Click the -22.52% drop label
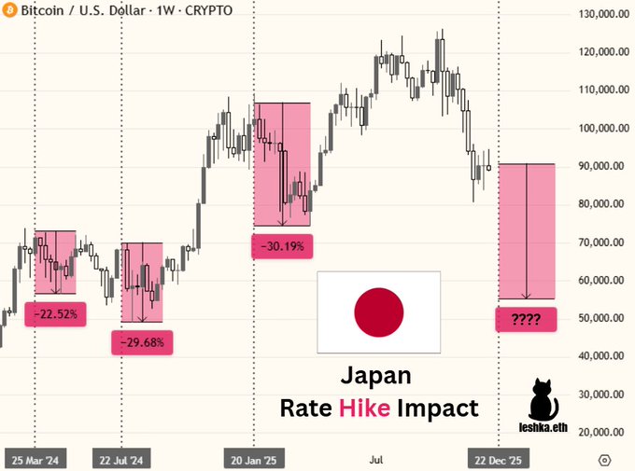[x=58, y=314]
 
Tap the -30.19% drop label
[x=281, y=247]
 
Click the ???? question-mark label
[x=526, y=321]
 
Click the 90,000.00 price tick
[x=600, y=166]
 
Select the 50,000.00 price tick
[x=600, y=318]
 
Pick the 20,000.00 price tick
[x=600, y=433]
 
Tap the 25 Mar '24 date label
[x=35, y=460]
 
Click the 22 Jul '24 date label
[x=121, y=460]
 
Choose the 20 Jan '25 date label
[x=255, y=460]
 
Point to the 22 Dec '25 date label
[x=498, y=460]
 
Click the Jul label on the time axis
[x=376, y=460]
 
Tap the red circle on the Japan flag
[x=379, y=312]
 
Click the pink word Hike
[x=365, y=409]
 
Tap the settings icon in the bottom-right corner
[x=605, y=460]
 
